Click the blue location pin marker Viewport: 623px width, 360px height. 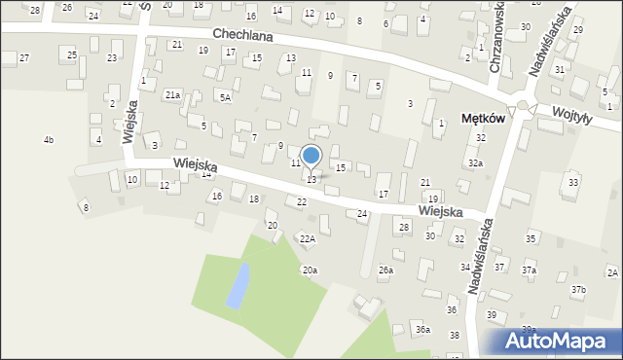311,156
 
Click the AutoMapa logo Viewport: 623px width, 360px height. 561,342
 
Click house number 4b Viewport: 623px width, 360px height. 49,140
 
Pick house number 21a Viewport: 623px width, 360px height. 172,94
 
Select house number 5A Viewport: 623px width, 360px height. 225,97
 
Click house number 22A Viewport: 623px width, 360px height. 308,238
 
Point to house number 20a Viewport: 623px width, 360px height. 310,270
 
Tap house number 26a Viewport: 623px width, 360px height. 385,270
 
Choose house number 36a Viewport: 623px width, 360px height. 422,330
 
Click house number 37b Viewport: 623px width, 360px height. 579,289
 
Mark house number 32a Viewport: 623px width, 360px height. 475,163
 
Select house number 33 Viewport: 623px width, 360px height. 573,182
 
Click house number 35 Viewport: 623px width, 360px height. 531,238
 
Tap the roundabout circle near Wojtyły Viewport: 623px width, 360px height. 523,105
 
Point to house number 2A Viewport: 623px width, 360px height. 612,272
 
